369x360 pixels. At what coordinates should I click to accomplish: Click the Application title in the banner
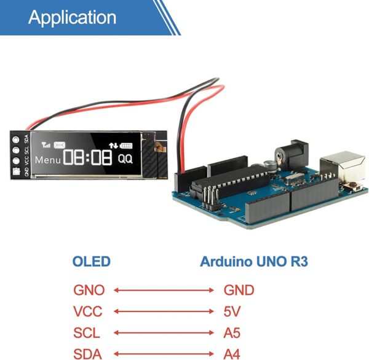(72, 17)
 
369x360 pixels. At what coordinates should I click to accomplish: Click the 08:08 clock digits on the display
(87, 158)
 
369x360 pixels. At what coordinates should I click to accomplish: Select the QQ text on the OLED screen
(125, 158)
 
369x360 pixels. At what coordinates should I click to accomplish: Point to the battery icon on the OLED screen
(126, 146)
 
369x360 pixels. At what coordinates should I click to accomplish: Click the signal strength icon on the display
(46, 146)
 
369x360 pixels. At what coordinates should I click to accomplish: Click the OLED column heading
(92, 262)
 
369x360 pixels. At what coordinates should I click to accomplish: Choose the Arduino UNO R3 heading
(254, 262)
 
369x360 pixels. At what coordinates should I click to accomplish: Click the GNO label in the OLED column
(89, 290)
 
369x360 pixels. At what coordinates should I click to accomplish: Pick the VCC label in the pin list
(87, 311)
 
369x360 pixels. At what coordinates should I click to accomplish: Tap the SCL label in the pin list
(86, 333)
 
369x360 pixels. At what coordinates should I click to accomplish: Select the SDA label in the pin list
(87, 353)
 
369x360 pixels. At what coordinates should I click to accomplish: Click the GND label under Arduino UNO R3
(239, 290)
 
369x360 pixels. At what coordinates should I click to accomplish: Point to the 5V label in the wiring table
(231, 311)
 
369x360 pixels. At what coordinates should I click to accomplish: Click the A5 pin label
(232, 333)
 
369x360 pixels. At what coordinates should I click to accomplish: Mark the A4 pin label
(232, 353)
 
